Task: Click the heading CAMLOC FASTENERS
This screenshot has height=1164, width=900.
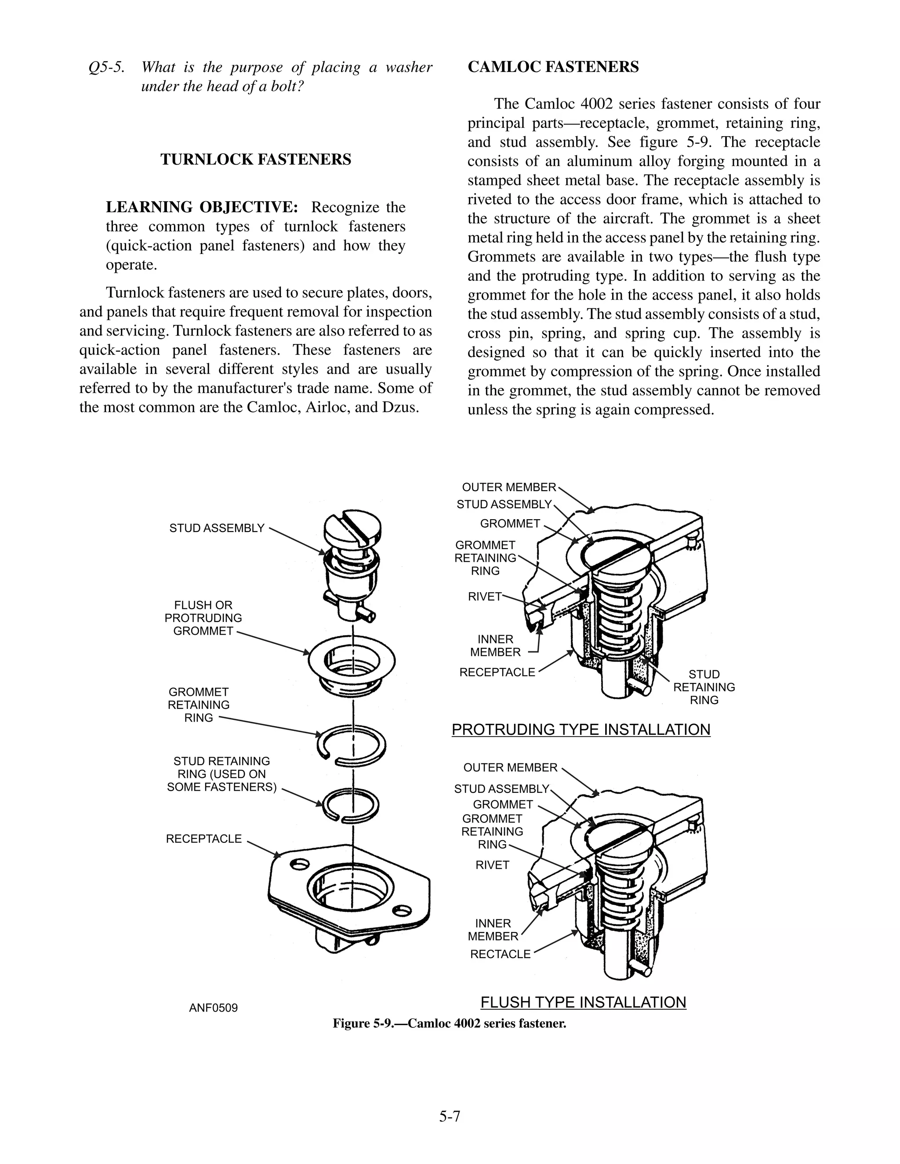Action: pyautogui.click(x=553, y=67)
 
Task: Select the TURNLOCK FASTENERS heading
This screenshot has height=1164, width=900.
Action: pyautogui.click(x=256, y=159)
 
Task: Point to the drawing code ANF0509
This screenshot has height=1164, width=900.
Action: pyautogui.click(x=213, y=1008)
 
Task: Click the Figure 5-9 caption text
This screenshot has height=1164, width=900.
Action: pyautogui.click(x=450, y=1023)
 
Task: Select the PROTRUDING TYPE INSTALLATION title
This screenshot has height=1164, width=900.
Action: pyautogui.click(x=581, y=729)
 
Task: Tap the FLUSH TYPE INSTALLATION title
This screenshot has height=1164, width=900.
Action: pyautogui.click(x=583, y=1002)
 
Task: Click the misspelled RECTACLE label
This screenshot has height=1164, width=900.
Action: pyautogui.click(x=500, y=954)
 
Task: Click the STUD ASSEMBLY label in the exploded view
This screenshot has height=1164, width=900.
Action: pyautogui.click(x=217, y=528)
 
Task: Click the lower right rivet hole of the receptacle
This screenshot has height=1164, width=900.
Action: pyautogui.click(x=403, y=910)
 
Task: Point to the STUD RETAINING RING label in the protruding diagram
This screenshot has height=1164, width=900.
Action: pyautogui.click(x=704, y=687)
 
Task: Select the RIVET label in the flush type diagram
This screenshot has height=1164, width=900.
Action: pyautogui.click(x=492, y=864)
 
